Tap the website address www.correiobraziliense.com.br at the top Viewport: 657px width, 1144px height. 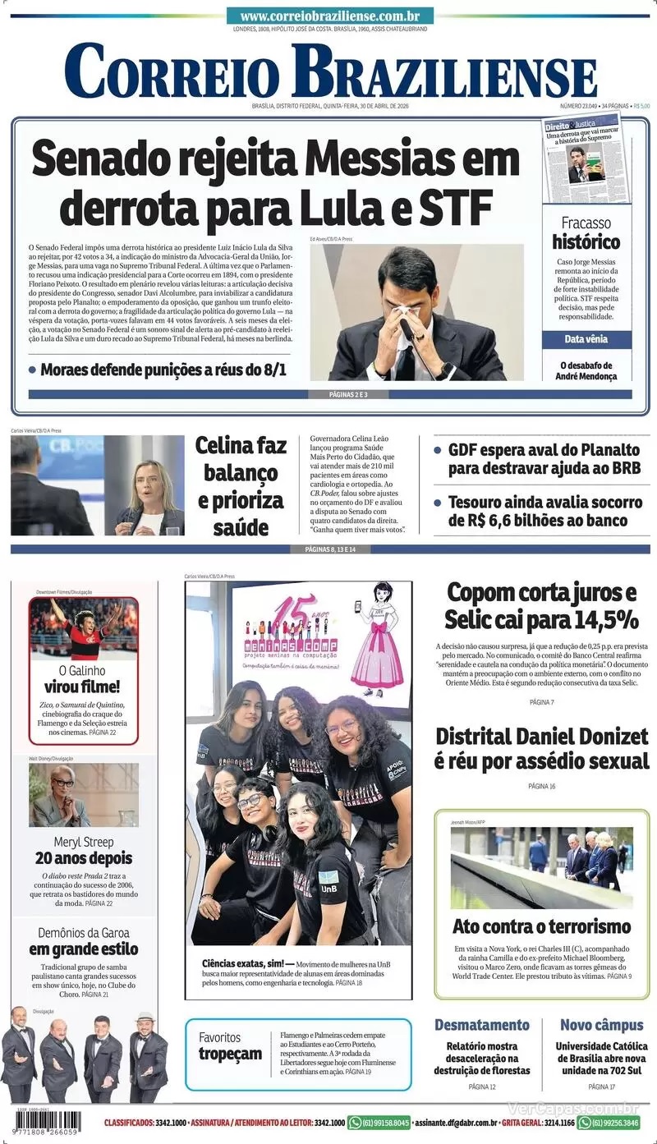click(x=329, y=16)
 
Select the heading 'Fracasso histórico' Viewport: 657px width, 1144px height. click(x=586, y=233)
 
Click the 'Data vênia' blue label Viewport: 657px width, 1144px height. click(x=586, y=339)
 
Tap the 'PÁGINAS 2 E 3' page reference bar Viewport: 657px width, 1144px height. click(x=330, y=395)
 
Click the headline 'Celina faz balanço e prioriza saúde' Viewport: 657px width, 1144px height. click(x=241, y=486)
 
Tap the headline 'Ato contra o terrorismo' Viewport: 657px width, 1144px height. click(x=542, y=926)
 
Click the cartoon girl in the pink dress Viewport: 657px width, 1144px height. click(x=379, y=636)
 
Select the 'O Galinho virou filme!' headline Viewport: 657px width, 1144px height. click(x=83, y=679)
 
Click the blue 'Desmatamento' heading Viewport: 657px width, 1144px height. click(x=482, y=1025)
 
